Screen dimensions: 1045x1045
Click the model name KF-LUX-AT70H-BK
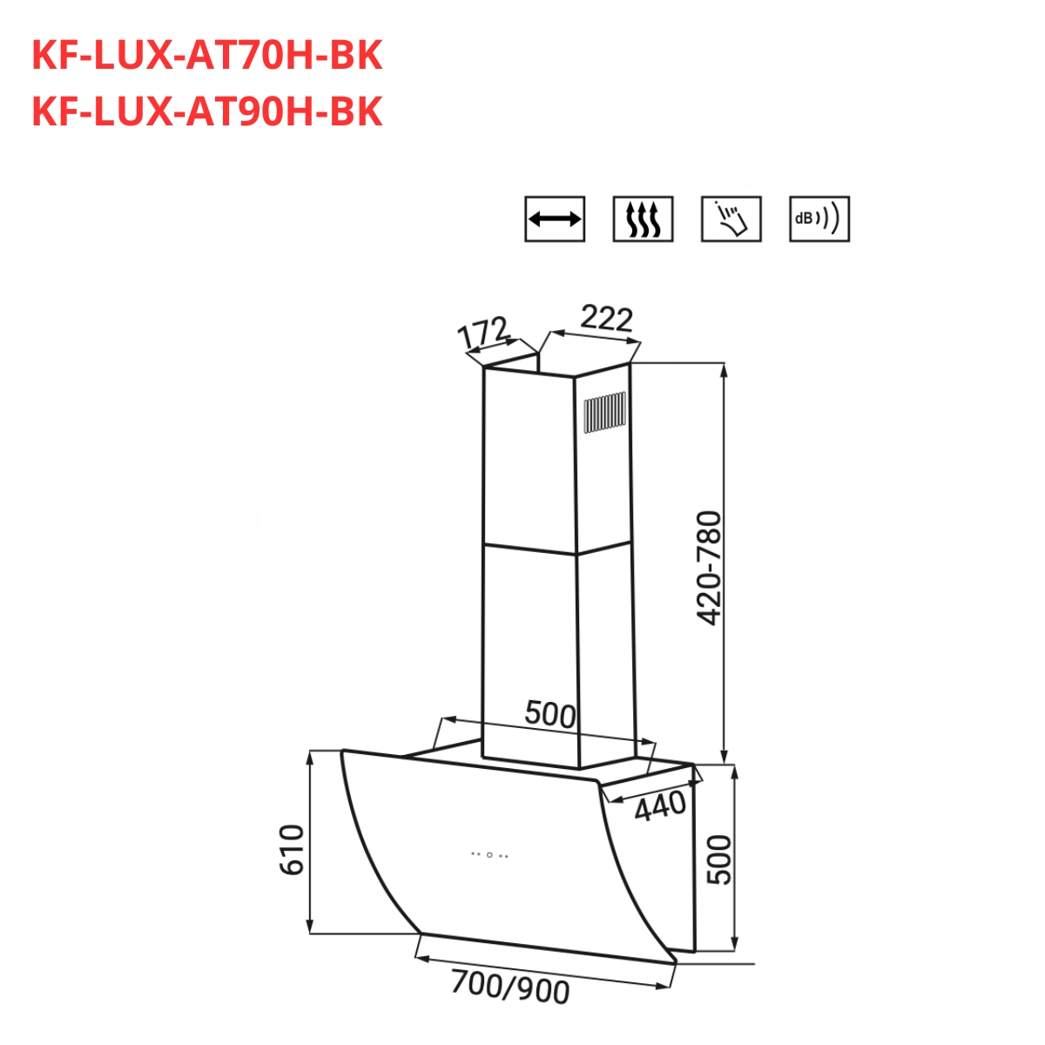click(206, 57)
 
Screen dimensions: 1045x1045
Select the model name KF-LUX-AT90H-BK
click(206, 111)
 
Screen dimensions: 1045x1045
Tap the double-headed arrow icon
click(555, 219)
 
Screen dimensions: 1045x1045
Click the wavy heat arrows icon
click(643, 219)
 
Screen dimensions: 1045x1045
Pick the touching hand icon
click(731, 219)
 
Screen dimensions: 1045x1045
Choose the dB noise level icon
click(819, 219)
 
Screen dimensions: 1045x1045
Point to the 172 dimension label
click(482, 334)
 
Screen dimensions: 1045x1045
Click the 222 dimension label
click(606, 319)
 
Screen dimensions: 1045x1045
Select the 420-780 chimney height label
click(710, 568)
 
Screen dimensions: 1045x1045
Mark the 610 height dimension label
click(292, 849)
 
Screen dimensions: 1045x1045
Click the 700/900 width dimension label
click(510, 988)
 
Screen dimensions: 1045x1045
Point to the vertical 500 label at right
click(719, 860)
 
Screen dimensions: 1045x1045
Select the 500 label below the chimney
click(550, 715)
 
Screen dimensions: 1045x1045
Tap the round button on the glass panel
click(489, 854)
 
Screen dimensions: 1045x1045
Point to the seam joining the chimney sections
click(529, 549)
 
